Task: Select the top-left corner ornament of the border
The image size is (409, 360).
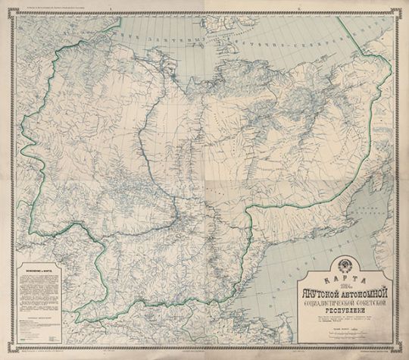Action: pos(5,5)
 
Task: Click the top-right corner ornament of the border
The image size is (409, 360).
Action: pos(404,5)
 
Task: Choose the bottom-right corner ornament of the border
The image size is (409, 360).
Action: pos(404,355)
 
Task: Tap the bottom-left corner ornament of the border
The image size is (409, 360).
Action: pos(5,355)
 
